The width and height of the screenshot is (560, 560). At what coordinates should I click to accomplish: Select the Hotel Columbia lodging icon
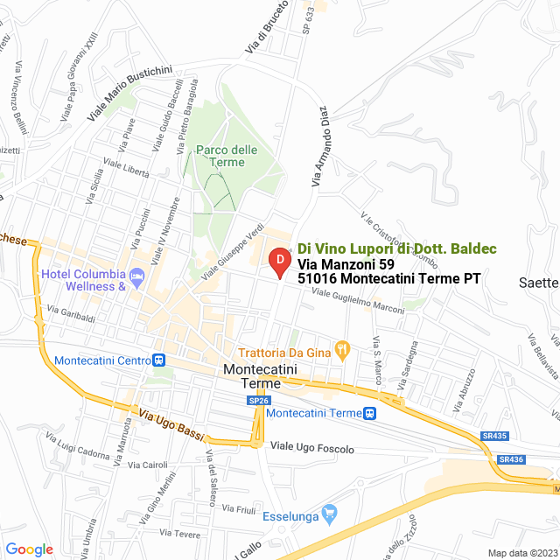click(x=136, y=276)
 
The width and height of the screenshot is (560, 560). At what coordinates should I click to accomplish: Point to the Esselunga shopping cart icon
click(x=329, y=512)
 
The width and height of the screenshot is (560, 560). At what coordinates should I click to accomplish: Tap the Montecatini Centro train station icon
click(x=159, y=360)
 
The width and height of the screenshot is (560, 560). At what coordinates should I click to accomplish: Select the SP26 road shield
click(x=257, y=400)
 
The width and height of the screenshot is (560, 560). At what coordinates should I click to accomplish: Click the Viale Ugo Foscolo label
click(x=312, y=448)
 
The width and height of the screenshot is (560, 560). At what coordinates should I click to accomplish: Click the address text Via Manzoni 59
click(x=346, y=263)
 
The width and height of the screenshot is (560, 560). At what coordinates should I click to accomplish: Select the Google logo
click(x=29, y=549)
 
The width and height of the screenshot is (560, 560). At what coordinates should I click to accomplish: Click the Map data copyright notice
click(x=521, y=552)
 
